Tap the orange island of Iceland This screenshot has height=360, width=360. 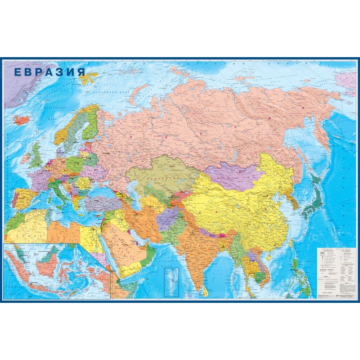coord(20,120)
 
